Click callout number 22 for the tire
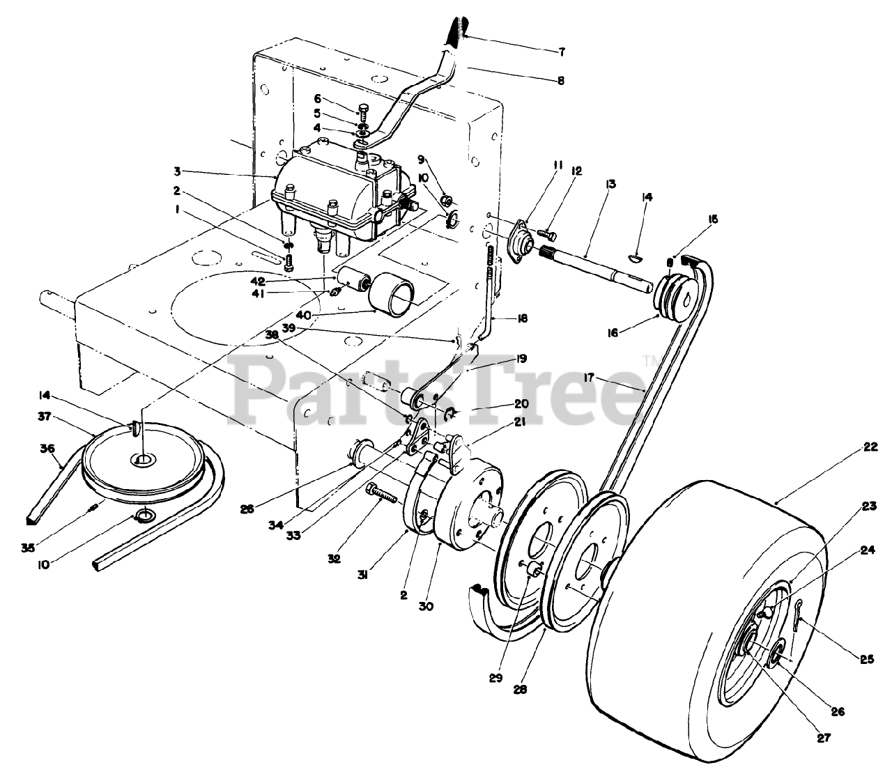[870, 448]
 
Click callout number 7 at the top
[562, 52]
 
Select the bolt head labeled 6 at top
[362, 110]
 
